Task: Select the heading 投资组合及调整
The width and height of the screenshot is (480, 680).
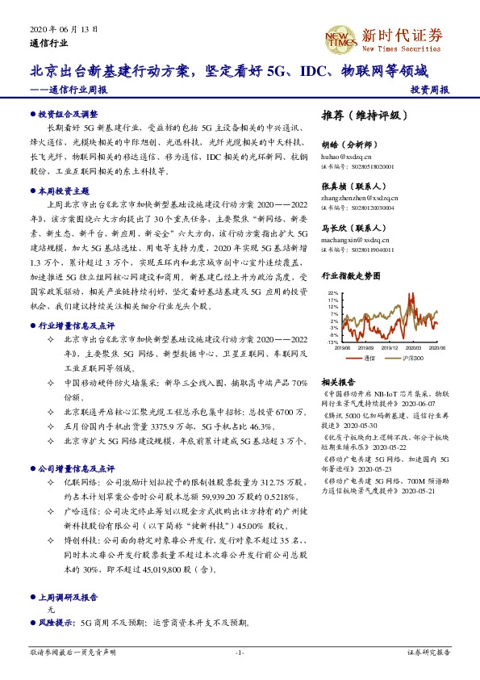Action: point(68,115)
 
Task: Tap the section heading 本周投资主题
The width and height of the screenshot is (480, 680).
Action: point(64,192)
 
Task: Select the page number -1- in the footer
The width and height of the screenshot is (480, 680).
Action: point(240,652)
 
